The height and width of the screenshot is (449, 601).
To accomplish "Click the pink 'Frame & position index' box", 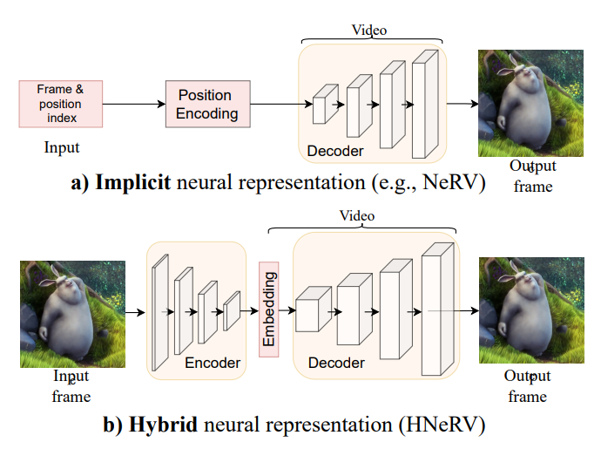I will tap(60, 103).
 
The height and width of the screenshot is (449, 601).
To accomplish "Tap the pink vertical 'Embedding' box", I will tap(269, 309).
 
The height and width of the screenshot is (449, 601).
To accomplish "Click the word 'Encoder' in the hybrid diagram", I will tap(212, 363).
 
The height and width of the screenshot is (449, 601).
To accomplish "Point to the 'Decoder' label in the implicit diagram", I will tap(335, 152).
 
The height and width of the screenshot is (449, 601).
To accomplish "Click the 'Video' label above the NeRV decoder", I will tap(369, 31).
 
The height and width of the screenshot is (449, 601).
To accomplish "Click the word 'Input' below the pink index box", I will tap(62, 147).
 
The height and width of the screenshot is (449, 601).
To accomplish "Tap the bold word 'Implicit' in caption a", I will tap(133, 183).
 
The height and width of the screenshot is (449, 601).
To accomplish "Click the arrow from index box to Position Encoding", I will tap(134, 104).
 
